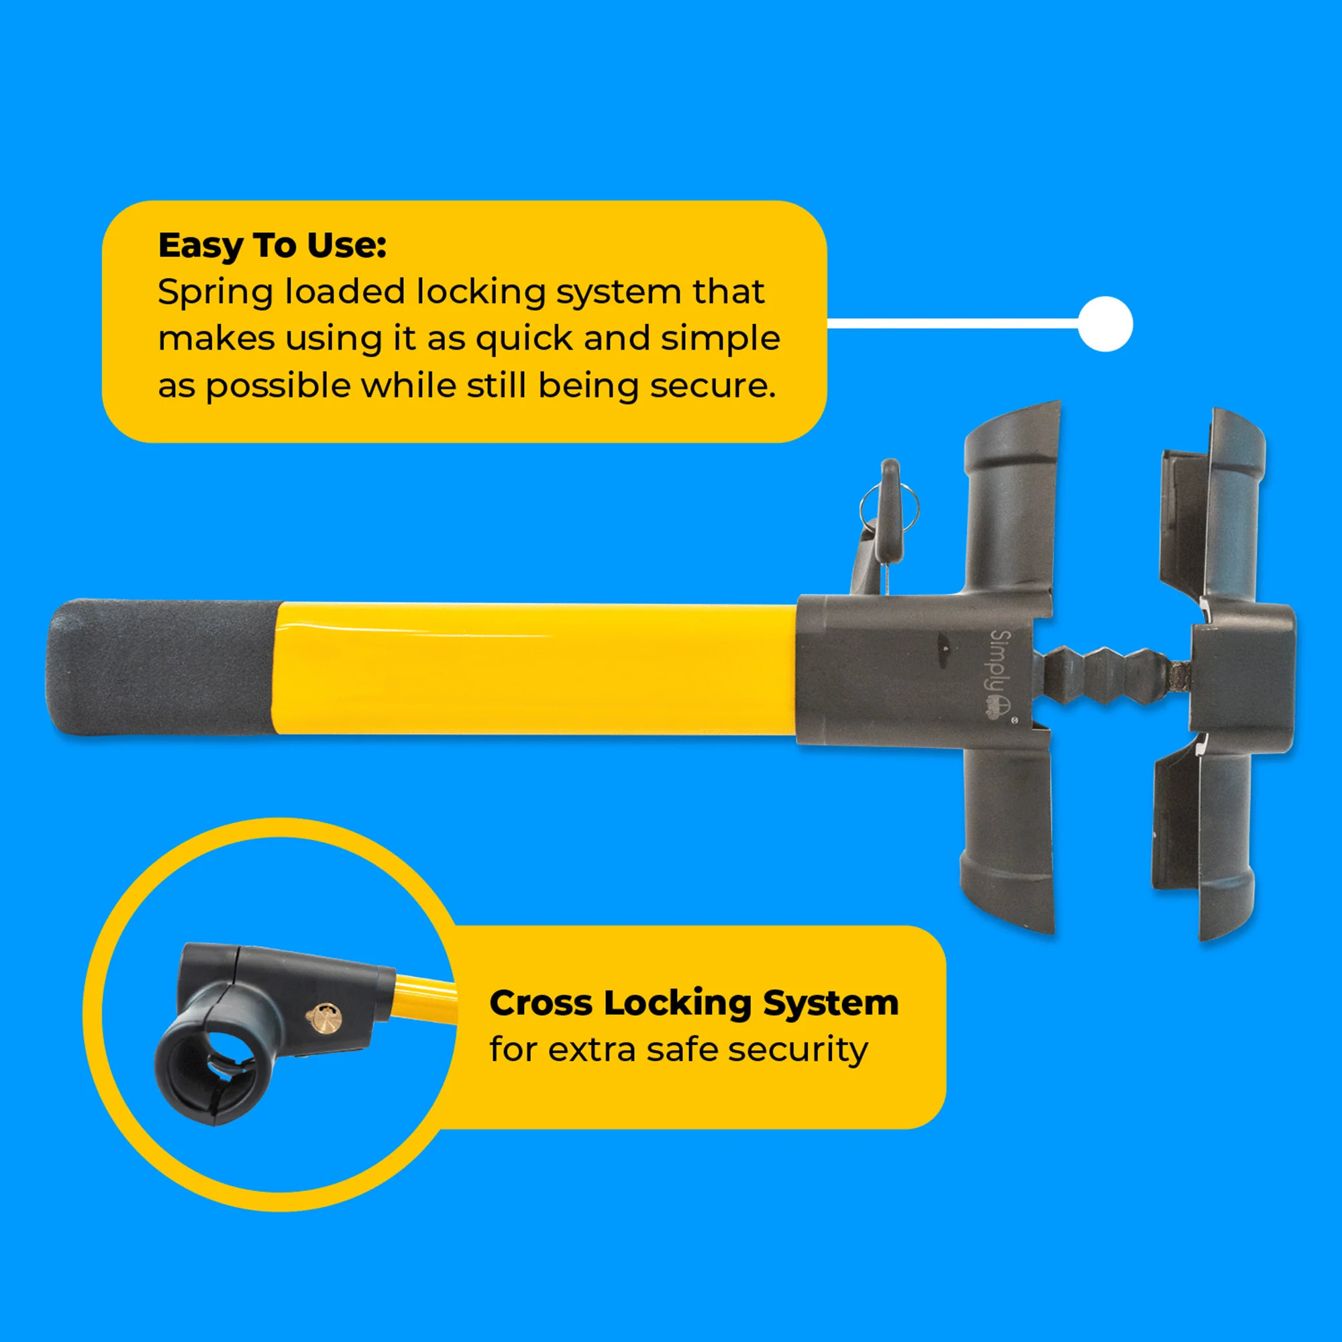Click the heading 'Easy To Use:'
272,245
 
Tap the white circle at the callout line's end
1105,323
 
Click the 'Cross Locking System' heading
693,1002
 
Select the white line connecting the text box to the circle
951,323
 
